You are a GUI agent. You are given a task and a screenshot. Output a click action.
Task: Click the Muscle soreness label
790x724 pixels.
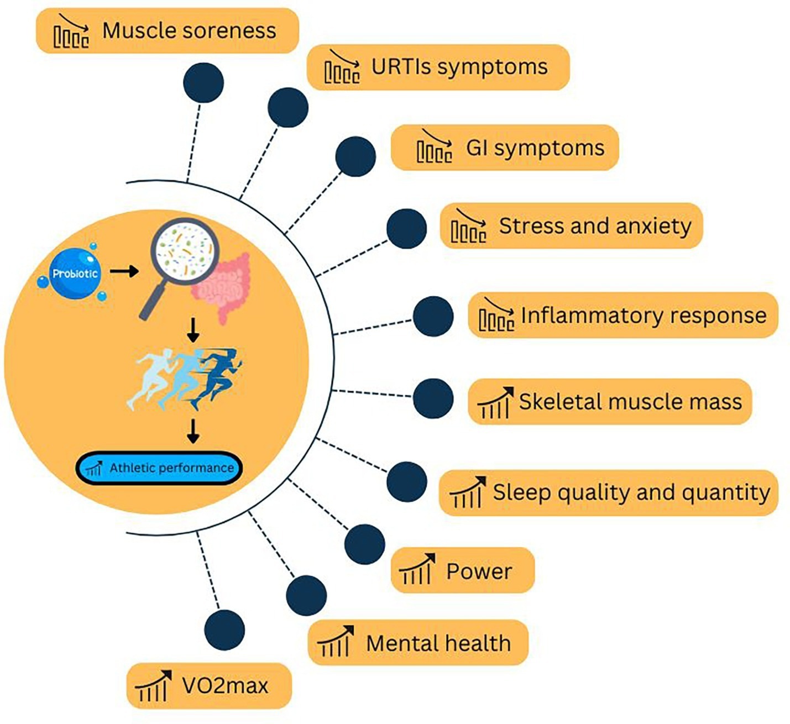[x=189, y=30]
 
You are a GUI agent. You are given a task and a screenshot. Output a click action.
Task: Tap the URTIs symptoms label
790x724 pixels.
[x=459, y=67]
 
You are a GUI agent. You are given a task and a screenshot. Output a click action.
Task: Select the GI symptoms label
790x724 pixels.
[x=535, y=148]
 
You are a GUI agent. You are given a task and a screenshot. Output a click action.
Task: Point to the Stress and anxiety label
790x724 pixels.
[x=595, y=225]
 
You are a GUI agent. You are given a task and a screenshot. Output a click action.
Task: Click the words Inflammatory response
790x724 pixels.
[x=643, y=315]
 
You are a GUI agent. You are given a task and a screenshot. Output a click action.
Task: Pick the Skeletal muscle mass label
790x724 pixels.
[x=630, y=401]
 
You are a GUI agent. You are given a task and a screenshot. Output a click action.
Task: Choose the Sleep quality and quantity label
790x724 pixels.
[x=631, y=492]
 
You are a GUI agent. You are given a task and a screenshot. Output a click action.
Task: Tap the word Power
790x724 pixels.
[x=479, y=571]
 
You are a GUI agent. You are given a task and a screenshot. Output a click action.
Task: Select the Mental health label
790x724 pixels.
[x=438, y=643]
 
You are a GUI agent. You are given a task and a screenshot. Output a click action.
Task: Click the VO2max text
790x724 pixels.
[x=225, y=686]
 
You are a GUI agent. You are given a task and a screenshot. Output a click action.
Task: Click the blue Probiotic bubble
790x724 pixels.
[x=75, y=274]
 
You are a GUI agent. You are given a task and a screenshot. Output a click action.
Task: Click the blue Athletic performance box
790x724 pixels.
[x=159, y=468]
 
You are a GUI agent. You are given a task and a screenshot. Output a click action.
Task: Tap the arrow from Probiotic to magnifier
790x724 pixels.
[x=124, y=271]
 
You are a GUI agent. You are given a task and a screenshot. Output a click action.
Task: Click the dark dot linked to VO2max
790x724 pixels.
[x=224, y=631]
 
